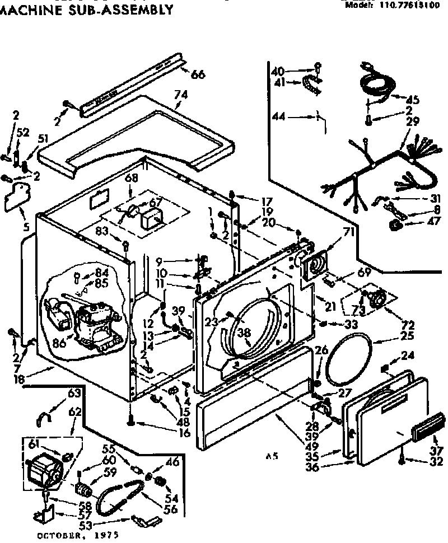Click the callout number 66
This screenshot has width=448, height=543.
tap(198, 75)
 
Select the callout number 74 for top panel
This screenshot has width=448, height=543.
tap(180, 95)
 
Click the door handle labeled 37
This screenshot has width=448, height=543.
tap(428, 427)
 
